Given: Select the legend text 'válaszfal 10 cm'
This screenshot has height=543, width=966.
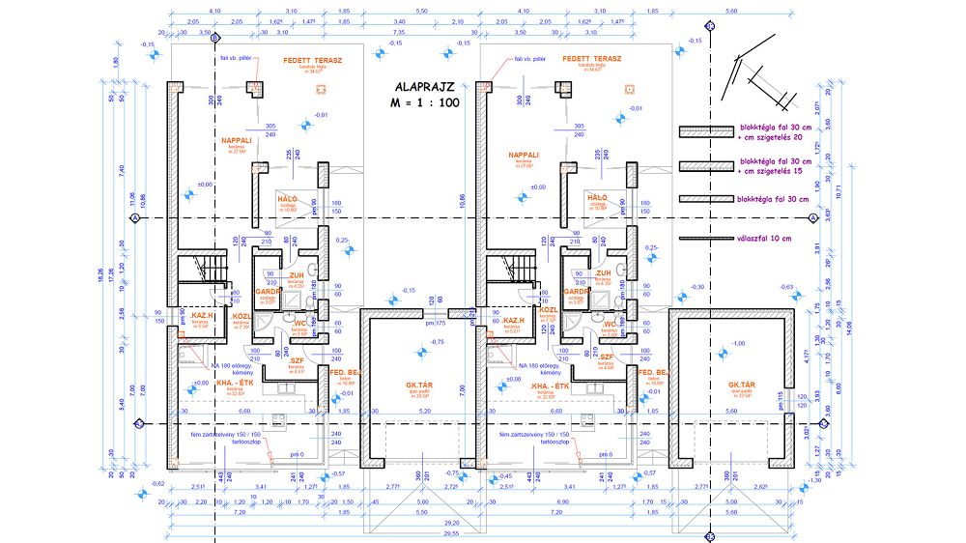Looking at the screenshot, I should point(764,238).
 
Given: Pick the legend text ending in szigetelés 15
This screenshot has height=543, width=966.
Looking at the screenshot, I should point(778,166).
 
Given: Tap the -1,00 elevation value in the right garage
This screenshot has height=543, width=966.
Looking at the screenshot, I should point(739,345).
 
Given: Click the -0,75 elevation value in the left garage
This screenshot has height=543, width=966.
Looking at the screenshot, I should point(438,343).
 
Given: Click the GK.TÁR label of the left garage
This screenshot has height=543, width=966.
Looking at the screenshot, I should point(424,386).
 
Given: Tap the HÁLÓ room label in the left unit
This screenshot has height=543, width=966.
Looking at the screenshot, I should point(286,198).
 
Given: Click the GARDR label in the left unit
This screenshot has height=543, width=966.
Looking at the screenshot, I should point(268,291).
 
